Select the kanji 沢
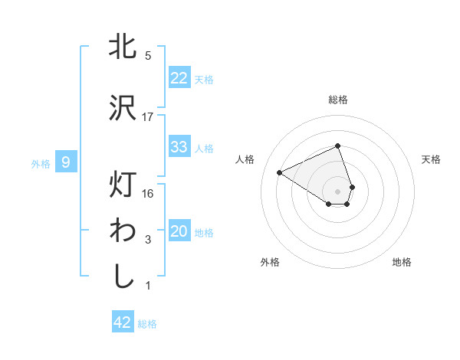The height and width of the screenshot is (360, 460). (x=123, y=108)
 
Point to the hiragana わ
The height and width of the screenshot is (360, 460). (x=123, y=231)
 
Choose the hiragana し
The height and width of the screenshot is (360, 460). (x=123, y=276)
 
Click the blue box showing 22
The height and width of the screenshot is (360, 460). (x=179, y=78)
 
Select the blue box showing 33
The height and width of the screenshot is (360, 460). (x=179, y=147)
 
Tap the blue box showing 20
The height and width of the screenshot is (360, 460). (x=179, y=231)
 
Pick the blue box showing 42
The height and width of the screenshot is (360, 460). (x=123, y=322)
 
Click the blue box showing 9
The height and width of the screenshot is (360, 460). (x=66, y=162)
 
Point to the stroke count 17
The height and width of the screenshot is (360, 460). (x=148, y=117)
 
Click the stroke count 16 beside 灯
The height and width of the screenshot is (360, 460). (x=148, y=193)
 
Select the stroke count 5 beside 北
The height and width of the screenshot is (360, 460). (x=148, y=56)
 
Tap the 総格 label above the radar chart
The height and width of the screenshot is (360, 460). (x=338, y=100)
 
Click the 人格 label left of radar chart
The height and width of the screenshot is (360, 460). (x=245, y=159)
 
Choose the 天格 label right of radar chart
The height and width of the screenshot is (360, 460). (x=432, y=159)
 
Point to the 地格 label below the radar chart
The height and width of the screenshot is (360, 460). (x=402, y=262)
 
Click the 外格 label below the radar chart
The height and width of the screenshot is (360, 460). (x=270, y=262)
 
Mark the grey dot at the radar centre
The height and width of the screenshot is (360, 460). (x=338, y=190)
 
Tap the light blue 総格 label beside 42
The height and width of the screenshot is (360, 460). (x=147, y=324)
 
